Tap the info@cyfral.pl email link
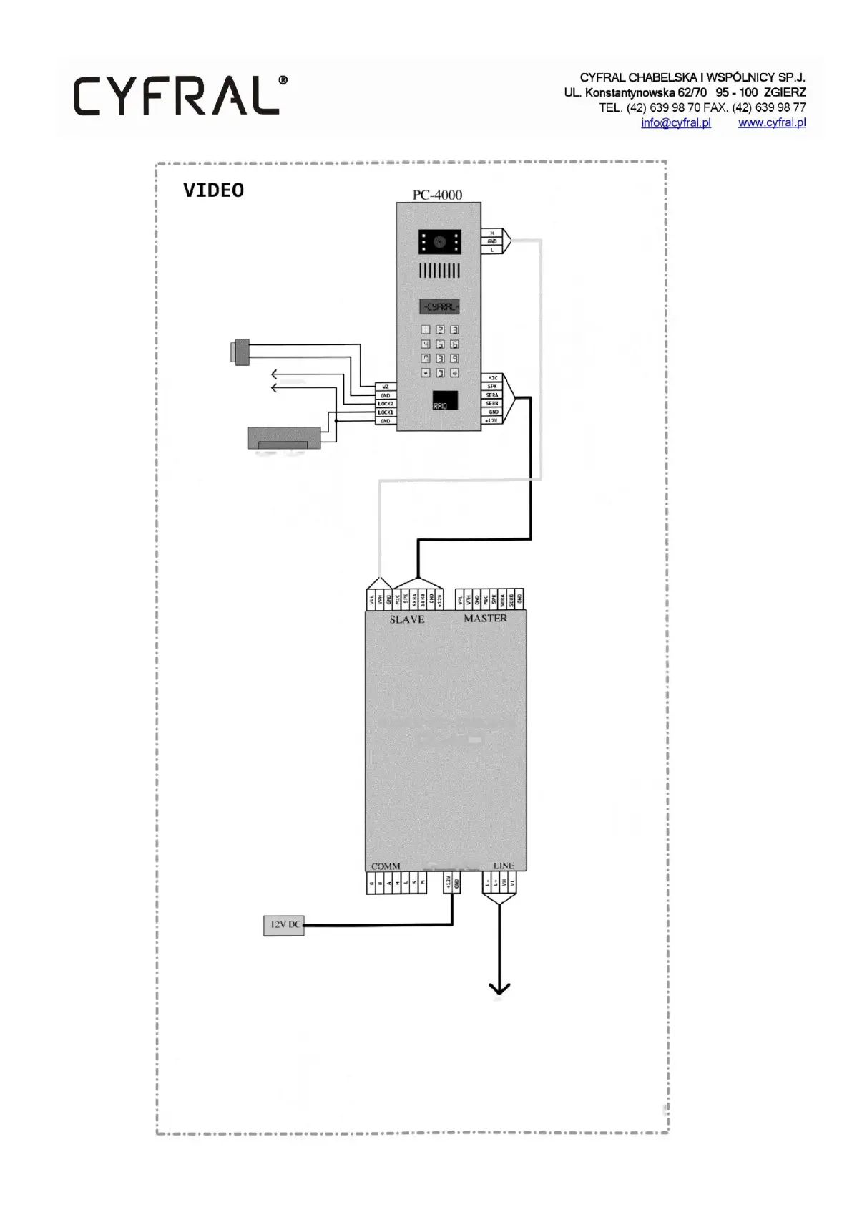point(675,122)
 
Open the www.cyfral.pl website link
point(771,122)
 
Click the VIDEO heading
point(213,190)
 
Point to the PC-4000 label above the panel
point(437,195)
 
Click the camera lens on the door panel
point(439,243)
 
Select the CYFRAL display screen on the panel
point(439,307)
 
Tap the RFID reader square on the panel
point(445,401)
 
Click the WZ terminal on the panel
point(385,387)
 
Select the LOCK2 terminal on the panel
point(385,404)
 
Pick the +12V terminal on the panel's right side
point(491,421)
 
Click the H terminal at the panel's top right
point(491,233)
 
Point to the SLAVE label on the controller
point(406,619)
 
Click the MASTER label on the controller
point(485,618)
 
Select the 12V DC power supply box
point(284,925)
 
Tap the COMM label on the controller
point(386,866)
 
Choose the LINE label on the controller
point(504,866)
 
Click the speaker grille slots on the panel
point(439,271)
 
